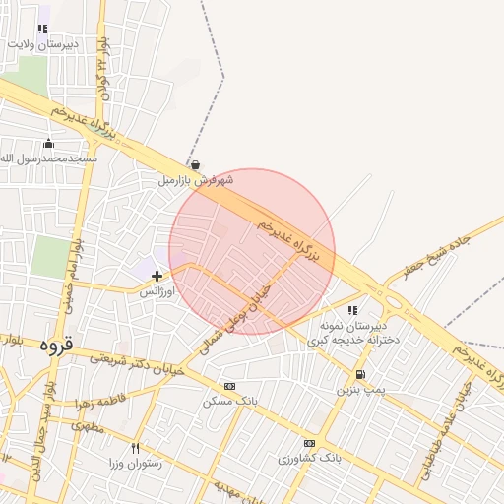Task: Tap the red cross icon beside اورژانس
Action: [x=157, y=276]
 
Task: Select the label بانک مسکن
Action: [x=229, y=402]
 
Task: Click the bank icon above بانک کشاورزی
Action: [x=309, y=443]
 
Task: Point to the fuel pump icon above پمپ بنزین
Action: [x=360, y=374]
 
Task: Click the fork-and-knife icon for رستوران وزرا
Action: [x=149, y=449]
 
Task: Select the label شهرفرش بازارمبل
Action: [x=196, y=181]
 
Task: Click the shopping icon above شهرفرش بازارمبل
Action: [x=196, y=164]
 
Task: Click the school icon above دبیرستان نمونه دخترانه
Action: [x=352, y=310]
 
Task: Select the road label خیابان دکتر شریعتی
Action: [x=131, y=362]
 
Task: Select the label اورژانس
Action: [x=156, y=292]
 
